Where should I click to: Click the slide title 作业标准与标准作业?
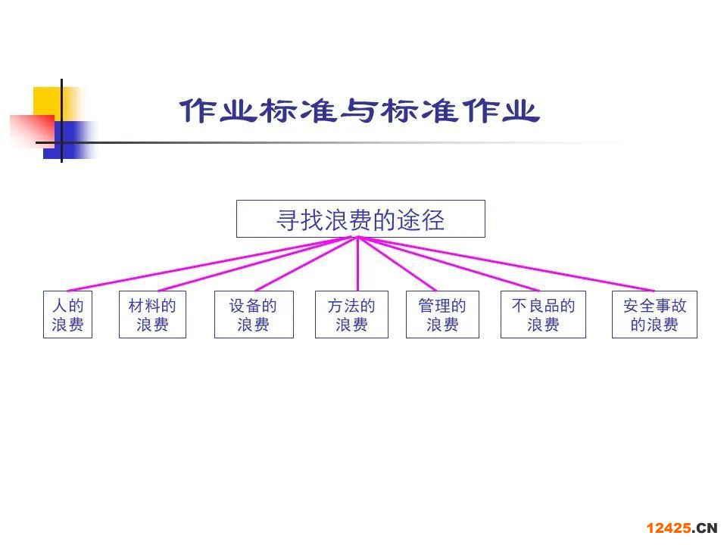(359, 111)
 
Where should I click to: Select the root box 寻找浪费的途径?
(360, 219)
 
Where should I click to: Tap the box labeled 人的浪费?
(67, 315)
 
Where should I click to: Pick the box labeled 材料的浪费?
(152, 315)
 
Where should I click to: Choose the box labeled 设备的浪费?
(254, 315)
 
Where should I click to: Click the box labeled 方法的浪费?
(351, 315)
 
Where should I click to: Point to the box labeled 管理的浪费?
(442, 315)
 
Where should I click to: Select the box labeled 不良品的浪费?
(543, 315)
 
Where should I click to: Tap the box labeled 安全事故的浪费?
(654, 315)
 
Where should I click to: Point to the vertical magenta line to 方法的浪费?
(357, 265)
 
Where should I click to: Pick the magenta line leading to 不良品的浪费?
(454, 265)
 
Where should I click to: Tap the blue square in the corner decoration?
(73, 140)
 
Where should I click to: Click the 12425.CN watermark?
(681, 528)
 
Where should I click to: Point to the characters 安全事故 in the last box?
(654, 307)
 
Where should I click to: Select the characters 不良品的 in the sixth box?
(543, 307)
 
